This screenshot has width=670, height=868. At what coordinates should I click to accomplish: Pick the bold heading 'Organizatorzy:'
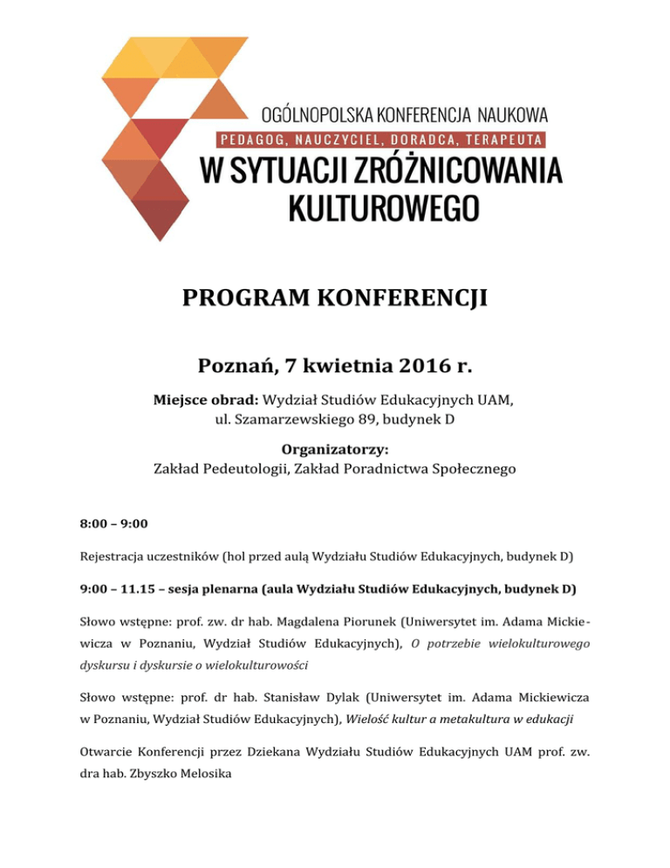click(334, 451)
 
